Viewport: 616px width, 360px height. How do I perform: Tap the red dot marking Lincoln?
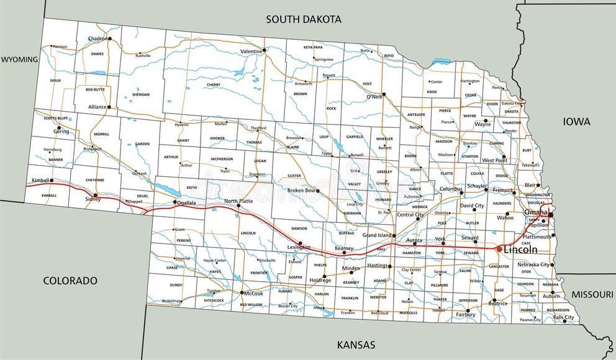coord(499,248)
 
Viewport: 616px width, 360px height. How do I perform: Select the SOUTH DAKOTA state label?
coord(304,19)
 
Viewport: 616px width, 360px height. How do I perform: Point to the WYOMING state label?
coord(19,60)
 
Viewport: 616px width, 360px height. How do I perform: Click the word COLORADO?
coord(70,281)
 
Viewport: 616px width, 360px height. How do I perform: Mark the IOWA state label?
coord(576,122)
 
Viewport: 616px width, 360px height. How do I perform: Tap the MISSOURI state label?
coord(592,294)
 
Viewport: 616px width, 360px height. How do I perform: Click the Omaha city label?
coord(536,212)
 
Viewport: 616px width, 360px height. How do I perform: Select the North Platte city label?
coord(239,201)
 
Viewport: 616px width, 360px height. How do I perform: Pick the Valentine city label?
coord(251,51)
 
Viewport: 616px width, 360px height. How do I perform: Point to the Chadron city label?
coord(97,38)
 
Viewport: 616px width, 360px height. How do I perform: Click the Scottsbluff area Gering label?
coord(61,132)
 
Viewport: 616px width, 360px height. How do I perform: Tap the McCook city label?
coord(253,293)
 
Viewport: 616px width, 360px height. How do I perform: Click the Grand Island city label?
coord(378,236)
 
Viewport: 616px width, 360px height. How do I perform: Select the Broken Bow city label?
coord(302,191)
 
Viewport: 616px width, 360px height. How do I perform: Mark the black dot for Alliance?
coord(109,107)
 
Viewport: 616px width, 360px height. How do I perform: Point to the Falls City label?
coord(563,317)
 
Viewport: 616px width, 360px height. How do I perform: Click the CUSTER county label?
coord(294,176)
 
